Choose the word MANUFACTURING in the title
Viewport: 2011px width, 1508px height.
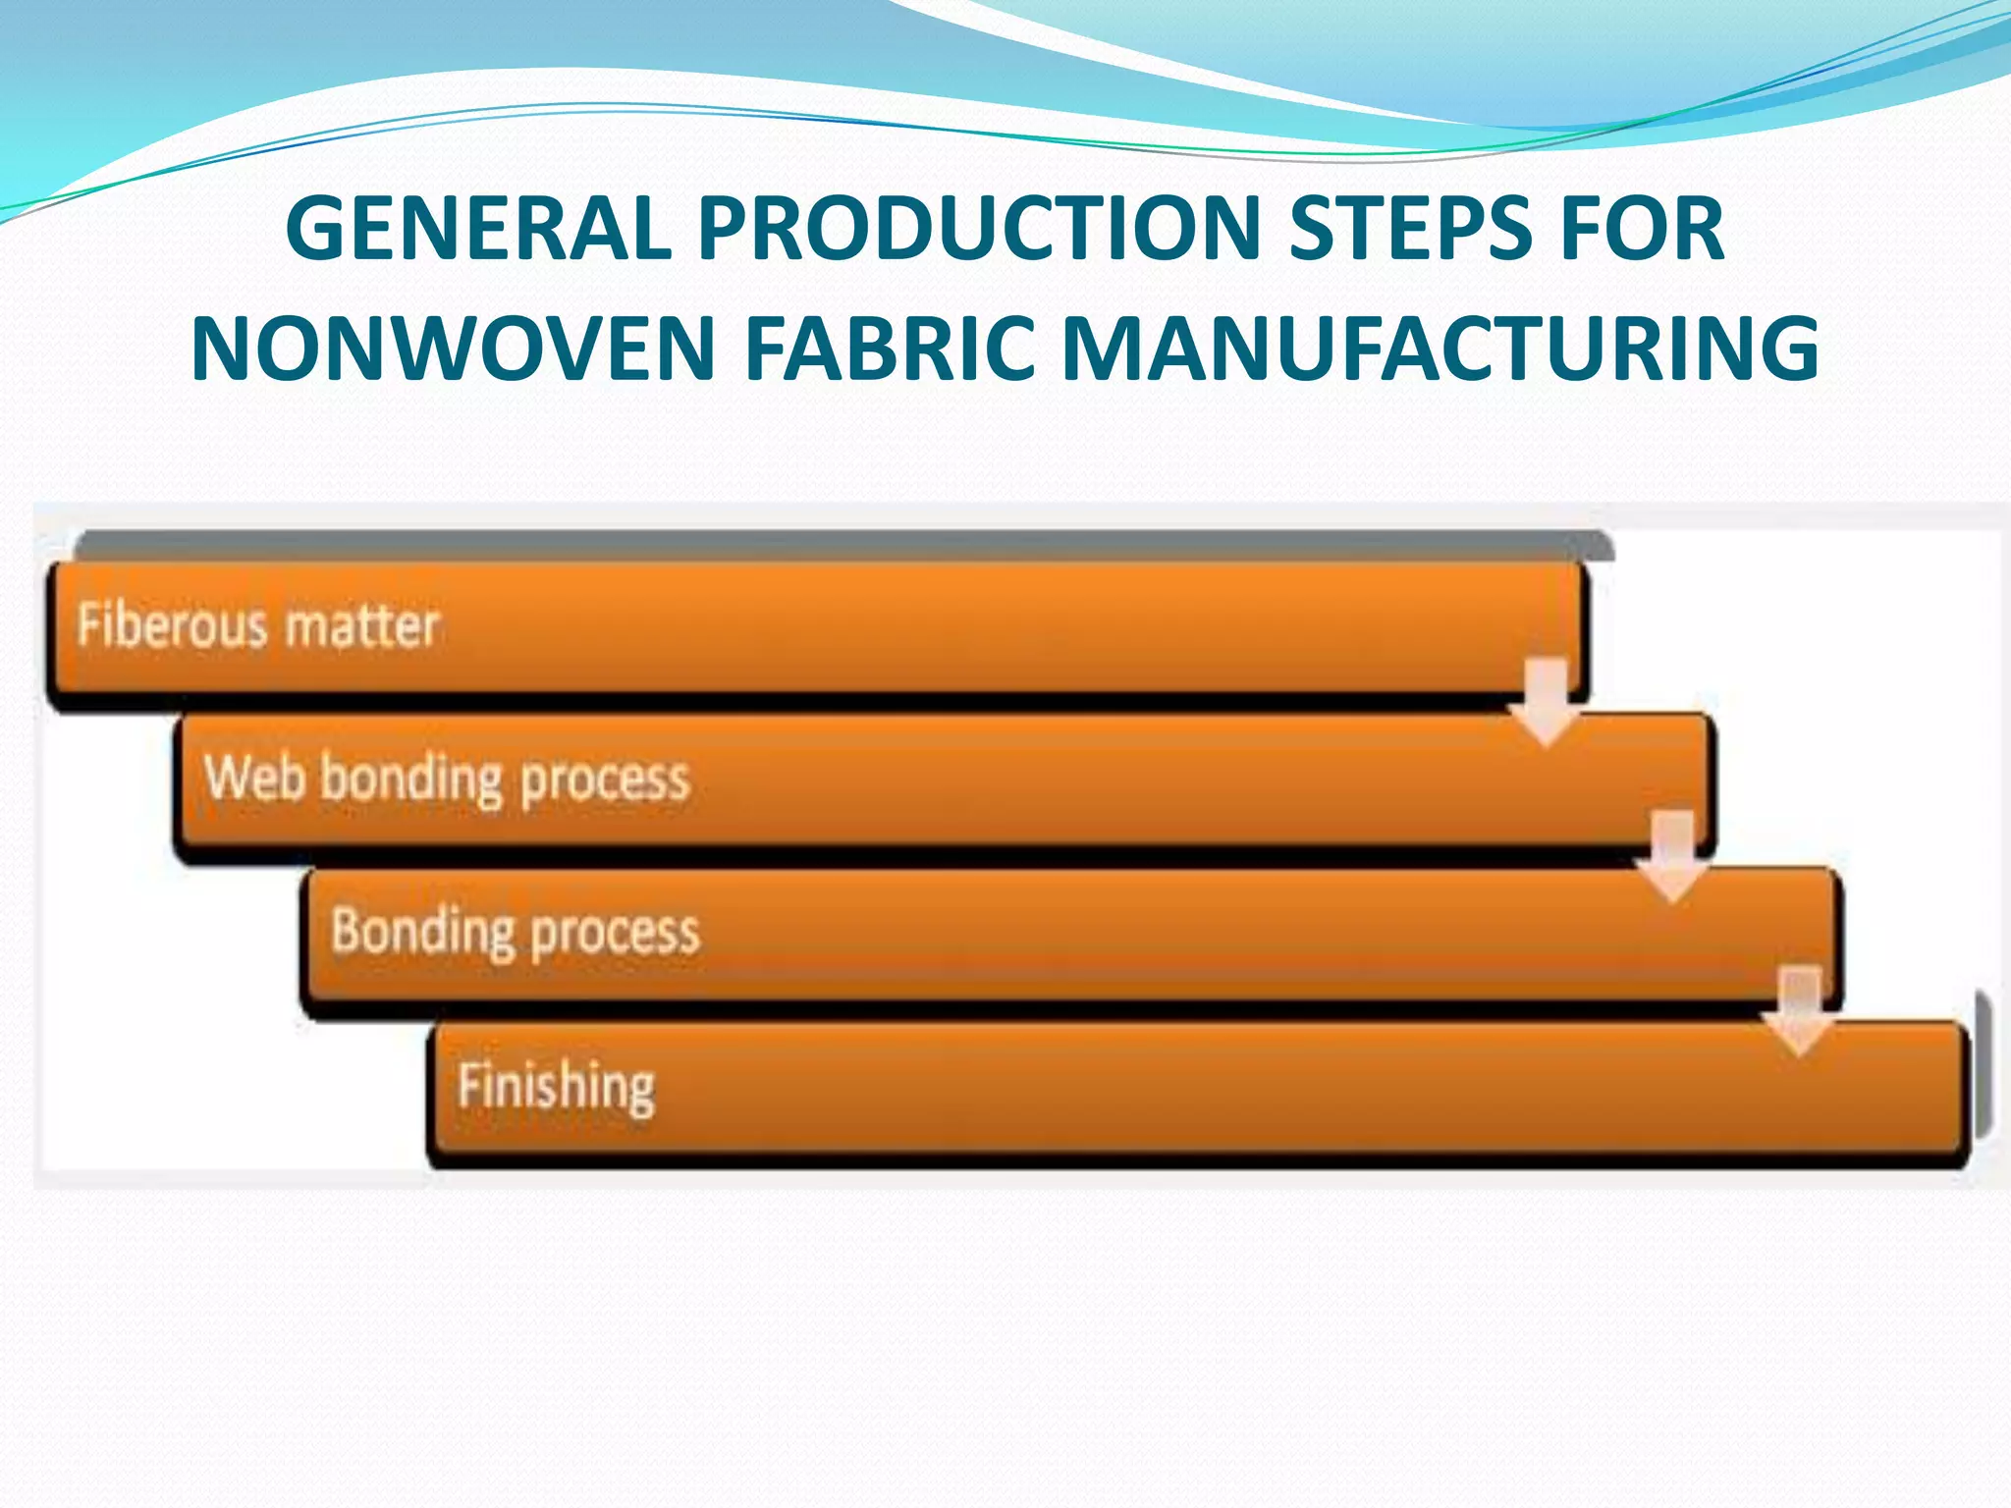(x=1440, y=349)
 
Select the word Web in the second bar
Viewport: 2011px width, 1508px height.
(x=253, y=778)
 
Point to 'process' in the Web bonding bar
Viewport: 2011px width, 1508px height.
(x=604, y=781)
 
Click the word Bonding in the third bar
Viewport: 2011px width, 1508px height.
(x=422, y=932)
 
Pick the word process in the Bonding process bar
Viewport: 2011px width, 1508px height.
(x=615, y=934)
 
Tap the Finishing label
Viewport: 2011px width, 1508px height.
(x=556, y=1087)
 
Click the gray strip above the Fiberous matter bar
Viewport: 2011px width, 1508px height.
(x=844, y=545)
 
